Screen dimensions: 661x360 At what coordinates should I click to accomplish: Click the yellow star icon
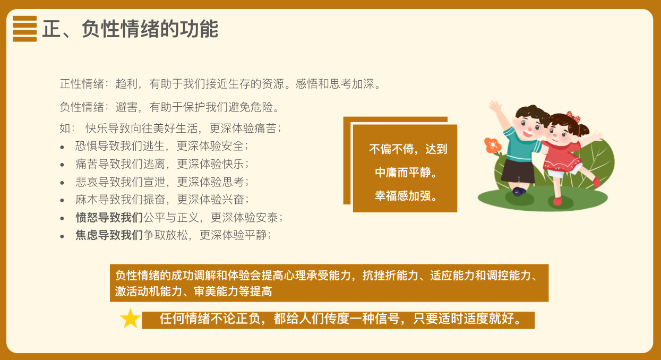pos(130,319)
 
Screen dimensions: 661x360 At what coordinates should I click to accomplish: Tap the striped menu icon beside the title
pos(24,29)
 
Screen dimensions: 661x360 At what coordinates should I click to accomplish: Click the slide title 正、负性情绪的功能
pos(130,29)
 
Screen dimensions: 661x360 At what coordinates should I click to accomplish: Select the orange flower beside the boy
pos(493,145)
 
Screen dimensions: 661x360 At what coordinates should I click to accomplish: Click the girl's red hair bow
pos(573,117)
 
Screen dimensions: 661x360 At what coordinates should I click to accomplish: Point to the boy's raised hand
pos(495,106)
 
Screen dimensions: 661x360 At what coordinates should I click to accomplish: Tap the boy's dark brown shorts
pos(518,171)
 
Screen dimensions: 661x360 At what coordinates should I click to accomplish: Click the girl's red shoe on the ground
pos(557,201)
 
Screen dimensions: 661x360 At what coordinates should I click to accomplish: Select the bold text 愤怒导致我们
pos(109,218)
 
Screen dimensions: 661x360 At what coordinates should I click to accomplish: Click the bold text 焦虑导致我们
pos(109,235)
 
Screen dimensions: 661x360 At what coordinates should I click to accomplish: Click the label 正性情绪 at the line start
pos(82,84)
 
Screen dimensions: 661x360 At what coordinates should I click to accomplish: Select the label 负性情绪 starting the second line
pos(82,107)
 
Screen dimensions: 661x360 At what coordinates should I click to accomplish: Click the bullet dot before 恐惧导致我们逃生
pos(62,147)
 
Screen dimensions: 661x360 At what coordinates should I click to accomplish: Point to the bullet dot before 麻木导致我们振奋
pos(62,201)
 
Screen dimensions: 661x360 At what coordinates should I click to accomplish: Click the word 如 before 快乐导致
pos(65,128)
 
